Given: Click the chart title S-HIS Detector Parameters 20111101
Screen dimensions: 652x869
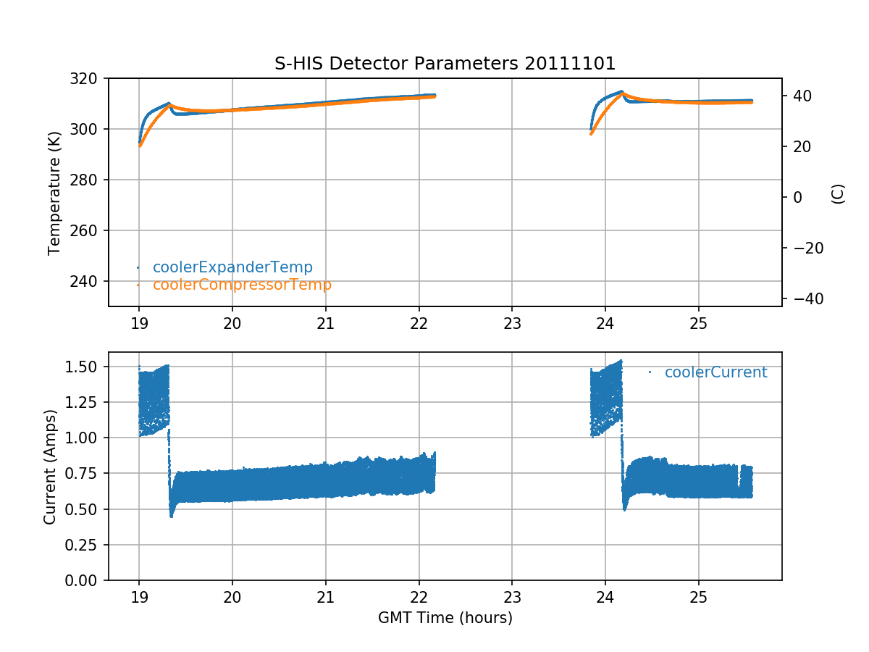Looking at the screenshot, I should click(x=445, y=64).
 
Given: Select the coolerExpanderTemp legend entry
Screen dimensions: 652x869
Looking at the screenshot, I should click(x=232, y=267).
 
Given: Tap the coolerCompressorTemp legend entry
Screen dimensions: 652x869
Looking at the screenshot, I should click(x=242, y=285).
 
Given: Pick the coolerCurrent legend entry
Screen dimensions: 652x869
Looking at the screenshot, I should click(x=715, y=372).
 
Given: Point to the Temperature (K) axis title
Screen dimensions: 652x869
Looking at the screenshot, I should click(x=54, y=192).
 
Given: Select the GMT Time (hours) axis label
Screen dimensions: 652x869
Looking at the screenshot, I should click(x=445, y=618).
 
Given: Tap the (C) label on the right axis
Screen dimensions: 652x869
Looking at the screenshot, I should click(x=838, y=193).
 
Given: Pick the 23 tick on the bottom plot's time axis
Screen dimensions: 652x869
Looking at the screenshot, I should click(x=512, y=596).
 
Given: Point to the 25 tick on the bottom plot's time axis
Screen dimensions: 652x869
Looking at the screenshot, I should click(x=698, y=596).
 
